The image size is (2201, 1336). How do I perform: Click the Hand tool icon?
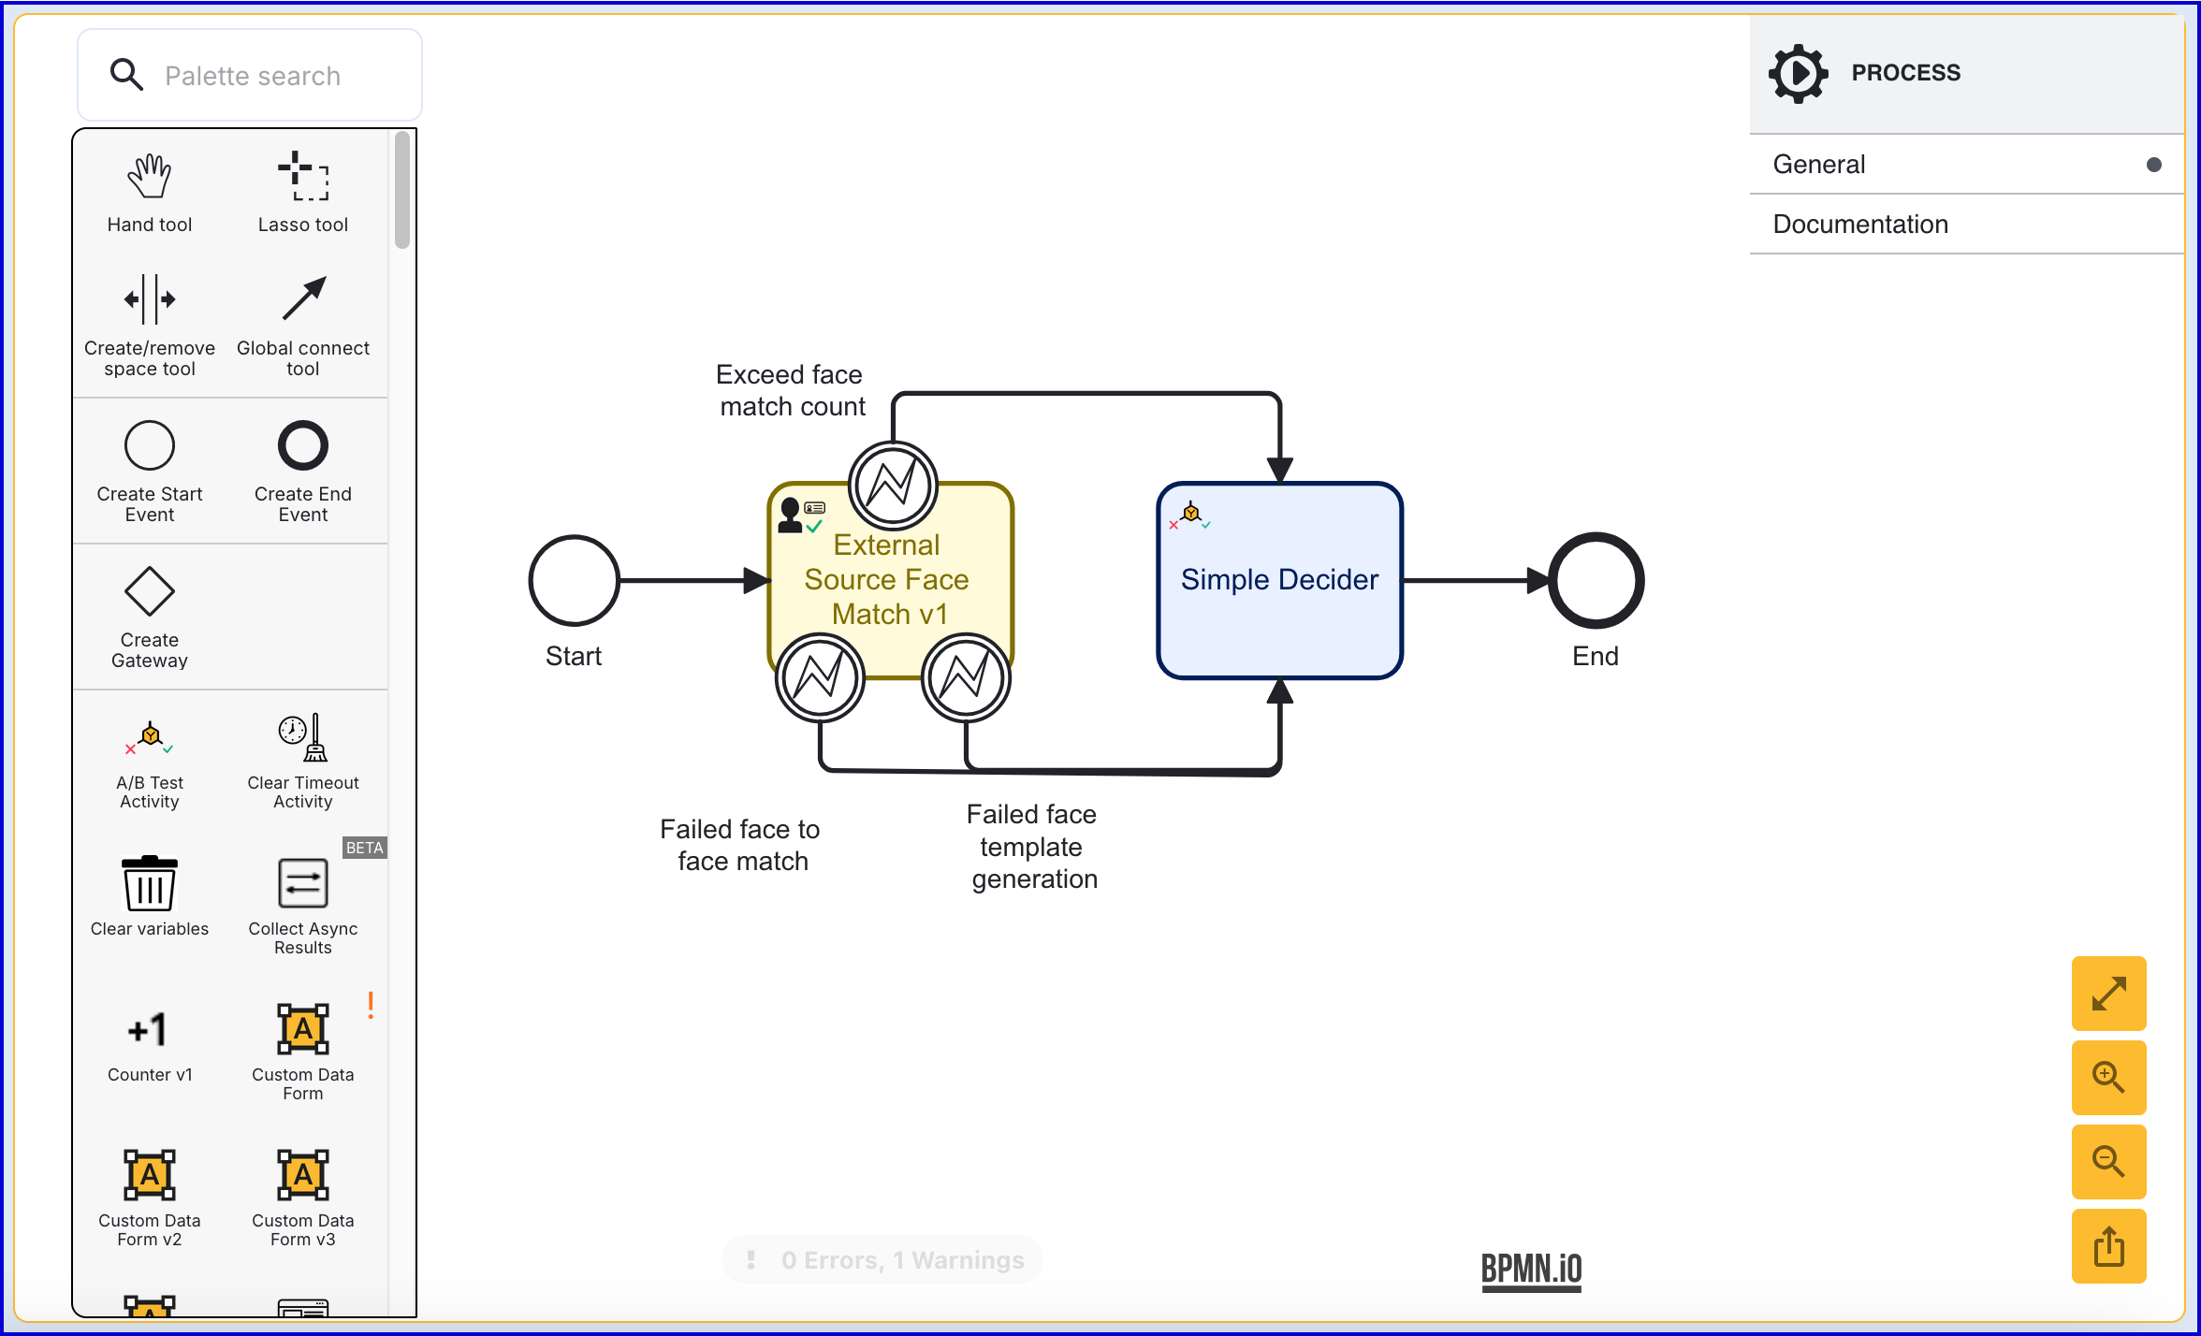150,177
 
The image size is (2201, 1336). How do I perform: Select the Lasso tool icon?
303,177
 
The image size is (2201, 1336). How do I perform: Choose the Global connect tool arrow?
303,298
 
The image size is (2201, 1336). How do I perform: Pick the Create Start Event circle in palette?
150,445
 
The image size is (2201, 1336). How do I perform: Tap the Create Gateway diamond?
150,591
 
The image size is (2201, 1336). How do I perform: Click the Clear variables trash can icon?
150,883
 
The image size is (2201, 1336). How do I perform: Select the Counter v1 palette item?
150,1030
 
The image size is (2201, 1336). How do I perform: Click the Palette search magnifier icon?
126,75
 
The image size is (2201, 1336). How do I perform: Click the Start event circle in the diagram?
574,580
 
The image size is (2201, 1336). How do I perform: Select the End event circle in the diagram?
1596,580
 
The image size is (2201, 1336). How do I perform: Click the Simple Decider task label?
1279,580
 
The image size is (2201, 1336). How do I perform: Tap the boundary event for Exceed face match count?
893,486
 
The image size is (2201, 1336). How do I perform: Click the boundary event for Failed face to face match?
820,677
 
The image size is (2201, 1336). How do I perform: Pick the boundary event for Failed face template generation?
966,677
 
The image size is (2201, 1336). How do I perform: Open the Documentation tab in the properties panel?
1860,225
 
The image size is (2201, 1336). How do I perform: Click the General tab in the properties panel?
1819,165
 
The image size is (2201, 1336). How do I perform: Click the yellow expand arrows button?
2108,994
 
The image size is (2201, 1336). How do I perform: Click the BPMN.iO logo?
1531,1271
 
